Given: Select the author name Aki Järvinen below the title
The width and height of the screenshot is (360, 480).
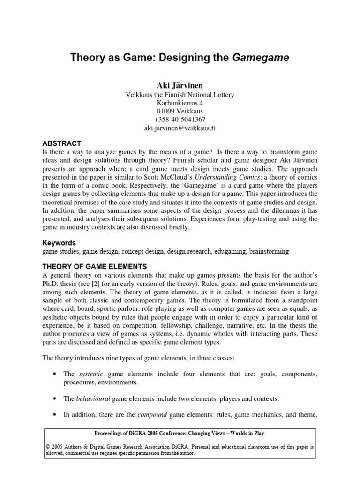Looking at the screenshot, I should click(180, 85).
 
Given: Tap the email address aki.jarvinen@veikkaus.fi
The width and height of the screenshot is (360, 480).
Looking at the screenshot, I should click(180, 127).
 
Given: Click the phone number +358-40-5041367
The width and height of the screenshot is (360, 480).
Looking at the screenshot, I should click(180, 119).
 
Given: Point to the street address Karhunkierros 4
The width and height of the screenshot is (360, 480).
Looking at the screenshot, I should click(180, 102).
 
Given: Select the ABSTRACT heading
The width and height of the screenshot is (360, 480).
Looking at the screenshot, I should click(62, 143).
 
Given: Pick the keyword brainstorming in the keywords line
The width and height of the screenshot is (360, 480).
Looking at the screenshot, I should click(269, 252).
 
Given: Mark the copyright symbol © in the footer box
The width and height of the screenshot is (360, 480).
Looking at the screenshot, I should click(48, 447).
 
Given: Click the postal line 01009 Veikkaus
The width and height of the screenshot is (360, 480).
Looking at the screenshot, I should click(180, 111).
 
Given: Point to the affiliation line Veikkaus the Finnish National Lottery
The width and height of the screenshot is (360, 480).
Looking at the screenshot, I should click(180, 94).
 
